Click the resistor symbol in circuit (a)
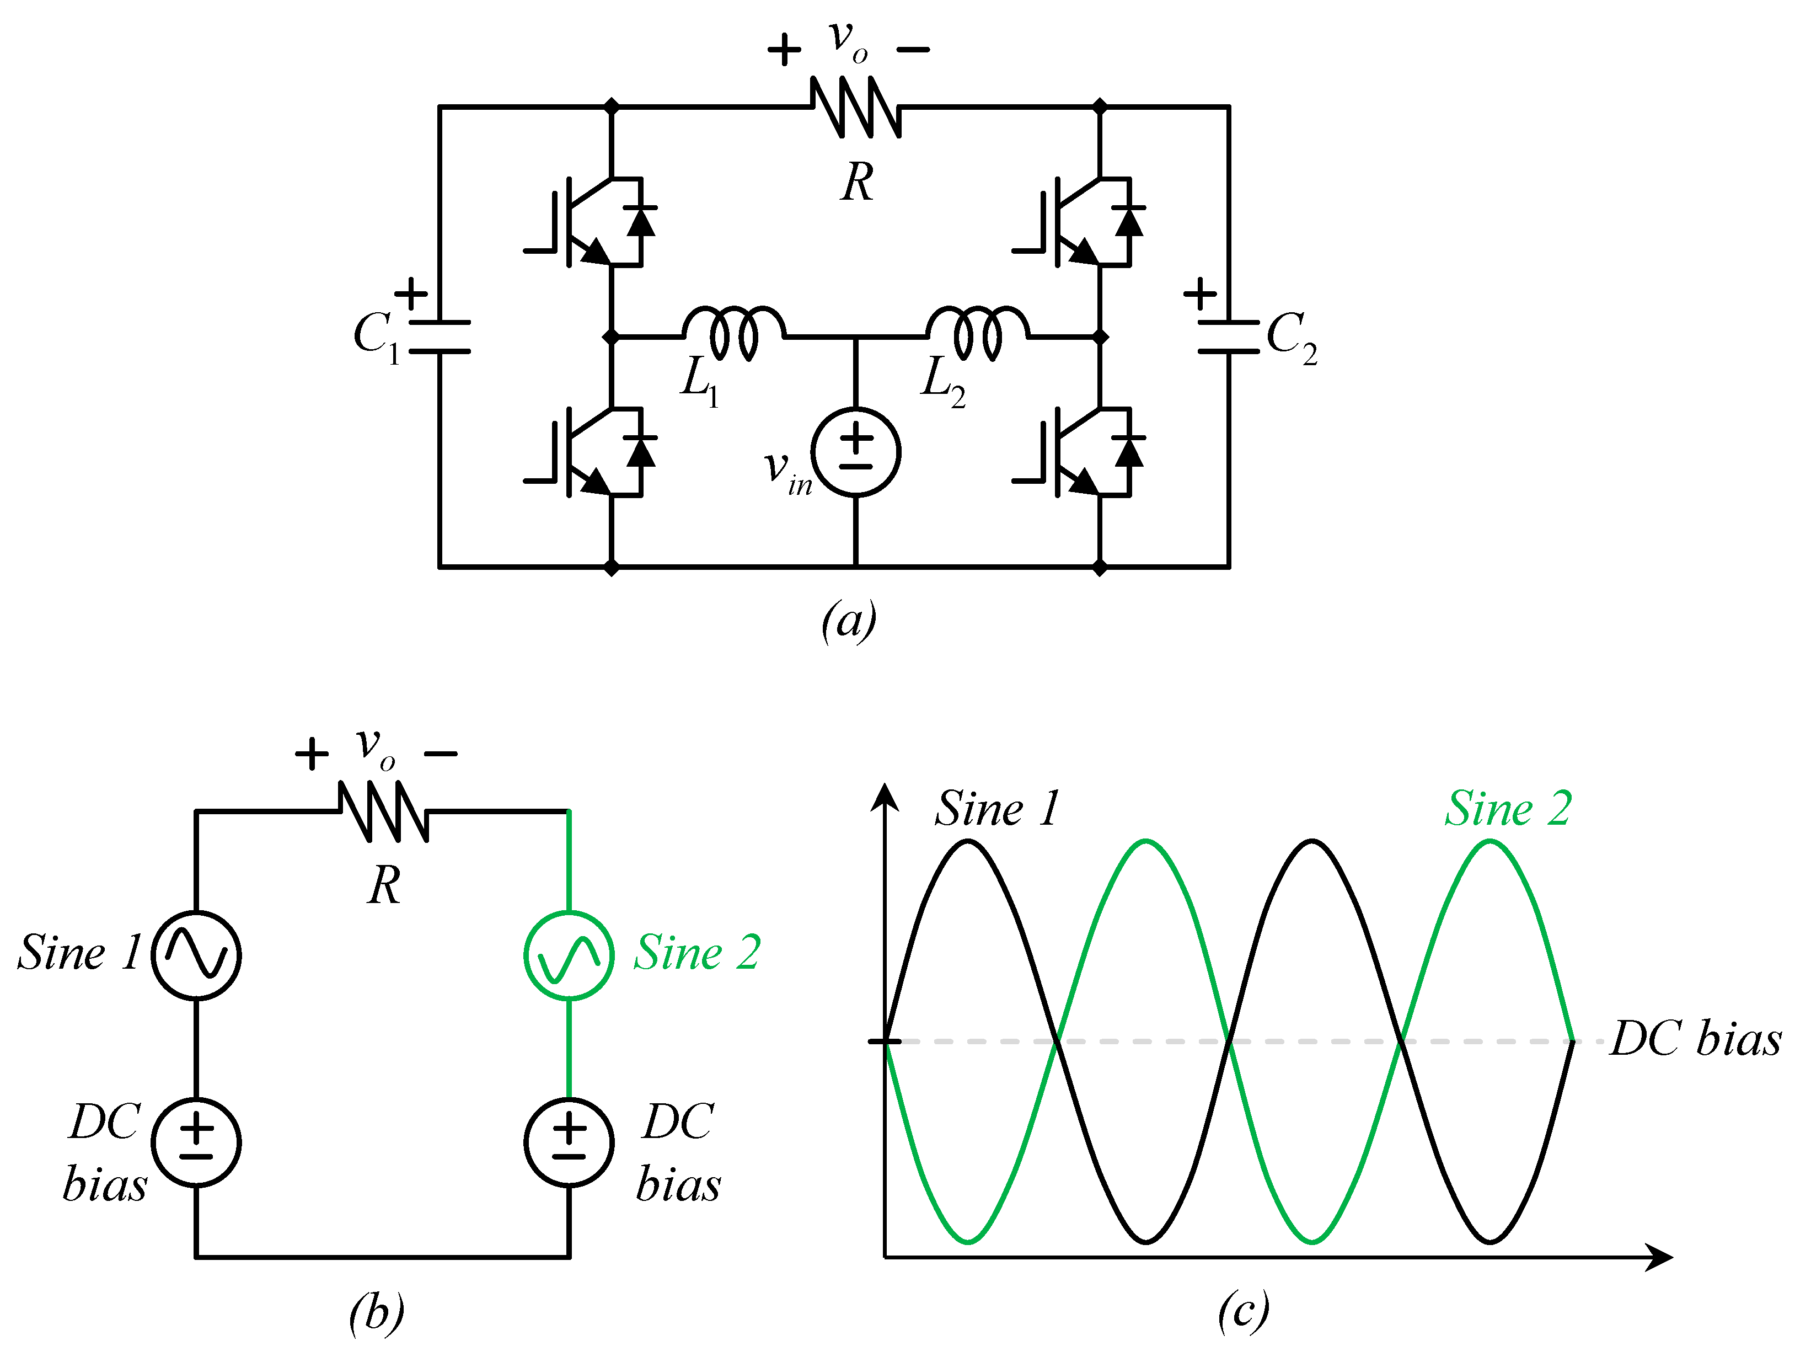(x=856, y=106)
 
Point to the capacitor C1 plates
(x=439, y=337)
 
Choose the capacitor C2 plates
(x=1229, y=337)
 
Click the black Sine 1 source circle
(x=196, y=955)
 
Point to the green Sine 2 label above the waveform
(x=1508, y=809)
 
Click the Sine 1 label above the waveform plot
(x=996, y=809)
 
